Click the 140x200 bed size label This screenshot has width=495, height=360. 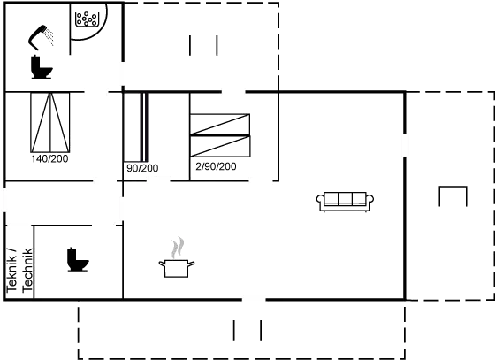49,160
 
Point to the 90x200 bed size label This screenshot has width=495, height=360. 141,166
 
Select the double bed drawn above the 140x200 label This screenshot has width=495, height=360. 50,122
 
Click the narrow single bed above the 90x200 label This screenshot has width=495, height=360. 138,126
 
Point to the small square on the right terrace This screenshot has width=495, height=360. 453,196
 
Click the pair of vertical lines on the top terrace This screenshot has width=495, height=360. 202,46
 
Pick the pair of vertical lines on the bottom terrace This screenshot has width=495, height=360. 247,331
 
